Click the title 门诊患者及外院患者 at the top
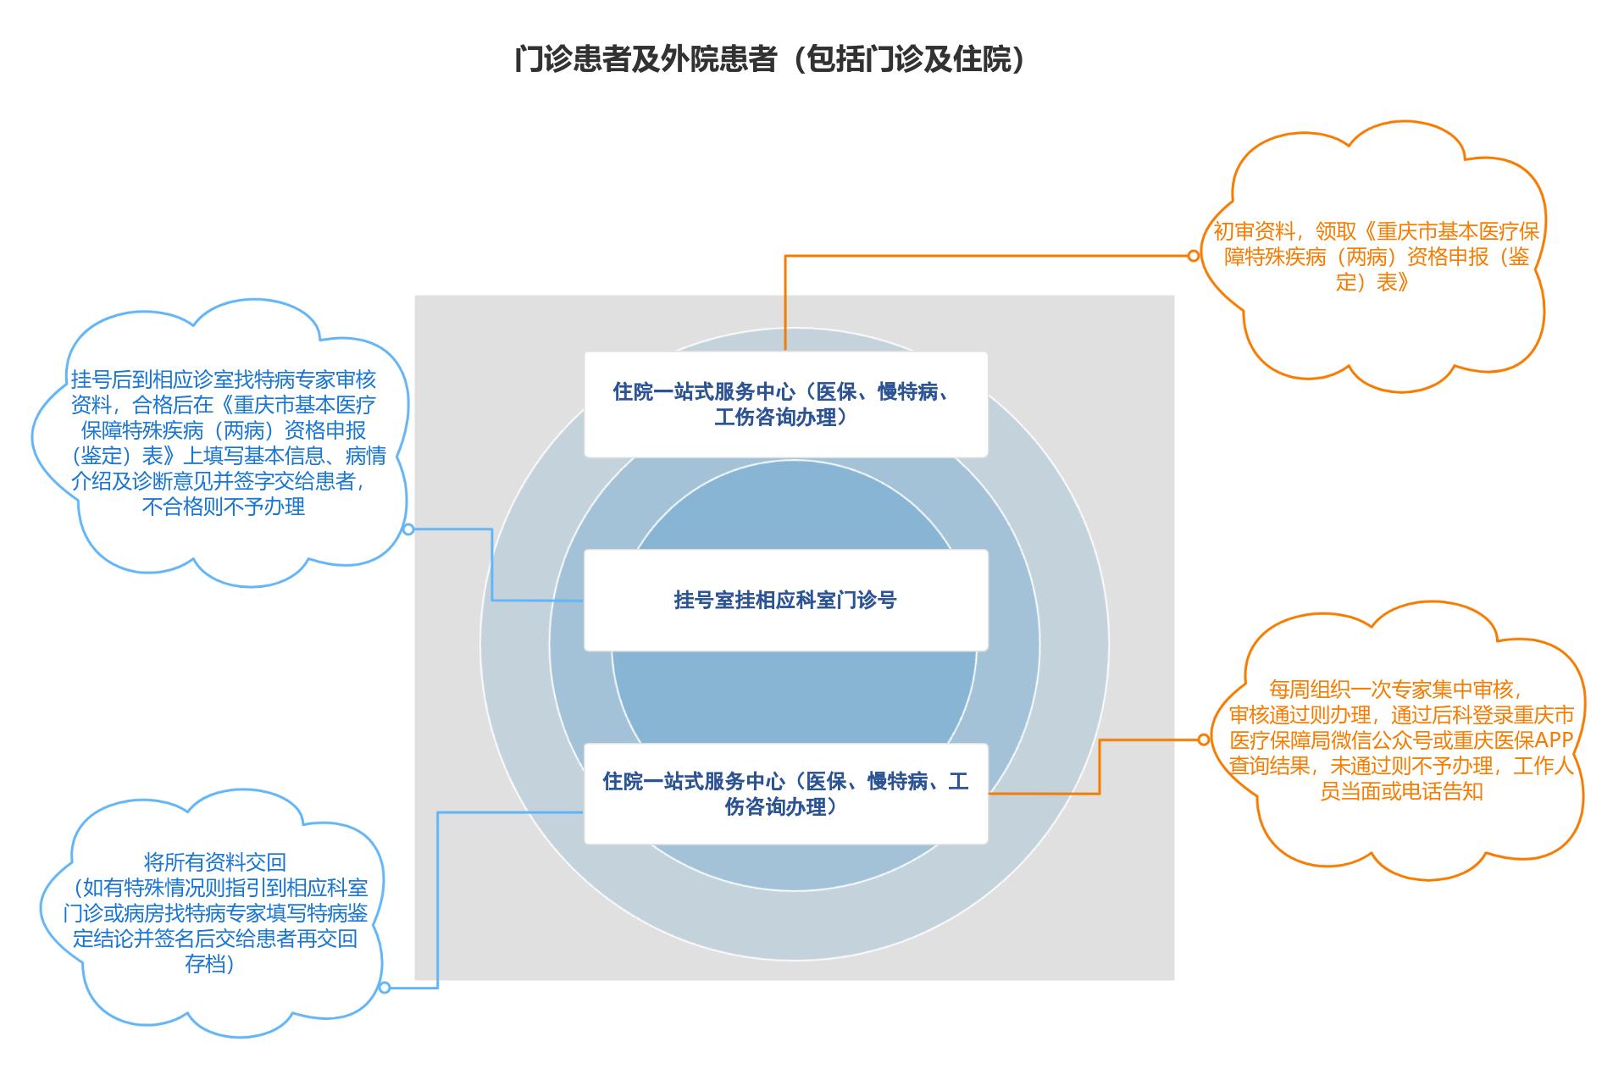[x=769, y=60]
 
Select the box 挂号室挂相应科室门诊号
[x=785, y=600]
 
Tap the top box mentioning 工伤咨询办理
[x=785, y=404]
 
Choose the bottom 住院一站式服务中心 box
[x=785, y=794]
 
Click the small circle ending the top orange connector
[x=1194, y=256]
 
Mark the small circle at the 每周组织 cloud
[x=1203, y=739]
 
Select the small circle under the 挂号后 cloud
[x=407, y=529]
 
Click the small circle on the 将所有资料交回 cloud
[x=385, y=988]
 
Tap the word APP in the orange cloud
[x=1554, y=740]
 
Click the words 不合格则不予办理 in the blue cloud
[x=224, y=507]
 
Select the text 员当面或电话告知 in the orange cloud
[x=1401, y=791]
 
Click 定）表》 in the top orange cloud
[x=1372, y=282]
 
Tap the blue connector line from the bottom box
[x=438, y=898]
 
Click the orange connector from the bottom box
[x=1100, y=767]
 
